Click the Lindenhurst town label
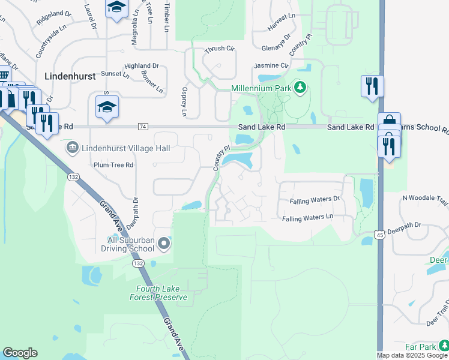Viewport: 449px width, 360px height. tap(70, 76)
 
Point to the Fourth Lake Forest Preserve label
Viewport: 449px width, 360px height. tap(158, 293)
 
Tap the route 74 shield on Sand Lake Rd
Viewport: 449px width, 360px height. tap(142, 127)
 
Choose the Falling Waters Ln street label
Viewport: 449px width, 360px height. tap(307, 218)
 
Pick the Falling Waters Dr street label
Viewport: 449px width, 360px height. tap(315, 200)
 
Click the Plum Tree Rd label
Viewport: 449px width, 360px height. tap(113, 165)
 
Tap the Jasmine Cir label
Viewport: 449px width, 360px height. tap(272, 65)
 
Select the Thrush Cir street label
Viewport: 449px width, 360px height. tap(219, 50)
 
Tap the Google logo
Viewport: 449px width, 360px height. tap(20, 353)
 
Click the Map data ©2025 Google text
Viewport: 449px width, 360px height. tap(412, 355)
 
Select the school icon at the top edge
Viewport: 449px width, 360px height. tap(116, 8)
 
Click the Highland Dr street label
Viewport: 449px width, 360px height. tap(142, 65)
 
